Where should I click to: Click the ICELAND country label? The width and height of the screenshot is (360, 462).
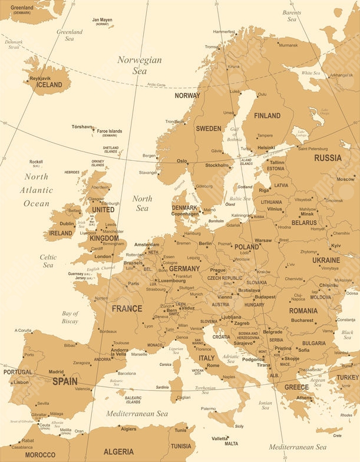[x=49, y=85]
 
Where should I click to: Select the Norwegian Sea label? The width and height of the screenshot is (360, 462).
[x=140, y=65]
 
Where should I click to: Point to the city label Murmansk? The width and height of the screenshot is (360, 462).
[x=288, y=45]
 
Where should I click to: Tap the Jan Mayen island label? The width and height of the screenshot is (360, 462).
[x=102, y=20]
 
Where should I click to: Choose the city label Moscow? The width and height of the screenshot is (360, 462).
[x=345, y=179]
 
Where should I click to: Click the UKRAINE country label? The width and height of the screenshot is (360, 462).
[x=326, y=260]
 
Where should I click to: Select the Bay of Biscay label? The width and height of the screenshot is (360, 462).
[x=70, y=318]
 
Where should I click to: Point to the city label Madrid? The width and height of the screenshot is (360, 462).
[x=56, y=372]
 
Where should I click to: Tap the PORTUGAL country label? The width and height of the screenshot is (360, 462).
[x=18, y=372]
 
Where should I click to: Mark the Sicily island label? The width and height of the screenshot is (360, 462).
[x=239, y=426]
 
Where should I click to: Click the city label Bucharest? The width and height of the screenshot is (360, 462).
[x=302, y=321]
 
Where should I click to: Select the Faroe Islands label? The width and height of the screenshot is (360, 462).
[x=110, y=131]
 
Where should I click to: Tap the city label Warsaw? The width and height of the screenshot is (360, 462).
[x=263, y=240]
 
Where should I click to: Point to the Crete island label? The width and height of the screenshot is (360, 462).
[x=337, y=435]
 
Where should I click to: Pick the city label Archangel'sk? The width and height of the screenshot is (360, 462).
[x=341, y=75]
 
